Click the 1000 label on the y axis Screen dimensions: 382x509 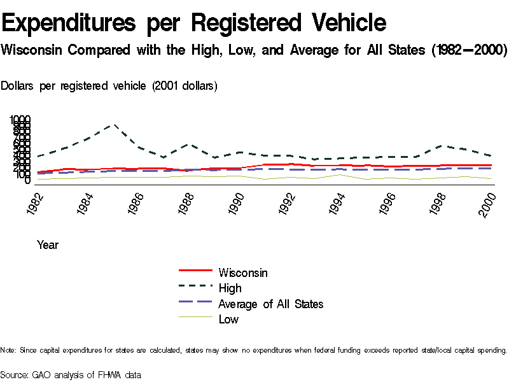pyautogui.click(x=20, y=120)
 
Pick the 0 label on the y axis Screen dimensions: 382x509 pyautogui.click(x=27, y=181)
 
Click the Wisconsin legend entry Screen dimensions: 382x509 pyautogui.click(x=242, y=273)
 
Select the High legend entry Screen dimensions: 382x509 pyautogui.click(x=230, y=288)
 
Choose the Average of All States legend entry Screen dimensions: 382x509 pyautogui.click(x=270, y=304)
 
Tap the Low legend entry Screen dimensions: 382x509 pyautogui.click(x=228, y=319)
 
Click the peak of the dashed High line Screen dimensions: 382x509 pyautogui.click(x=114, y=125)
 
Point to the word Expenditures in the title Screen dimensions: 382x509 pyautogui.click(x=69, y=24)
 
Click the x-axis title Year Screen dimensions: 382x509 pyautogui.click(x=48, y=245)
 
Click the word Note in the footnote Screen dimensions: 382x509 pyautogui.click(x=8, y=350)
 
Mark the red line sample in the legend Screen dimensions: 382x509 pyautogui.click(x=194, y=272)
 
